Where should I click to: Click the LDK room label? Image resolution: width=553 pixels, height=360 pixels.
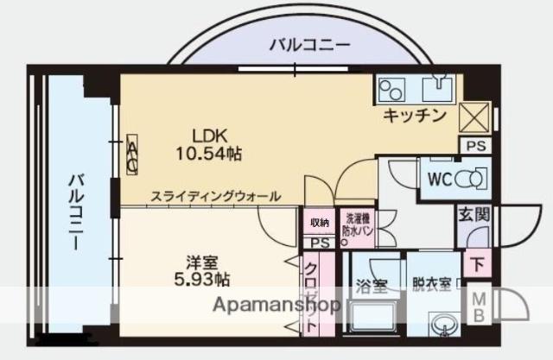(210, 136)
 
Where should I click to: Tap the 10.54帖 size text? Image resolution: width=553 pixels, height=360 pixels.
(210, 153)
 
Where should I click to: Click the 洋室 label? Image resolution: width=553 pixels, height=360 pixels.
(199, 260)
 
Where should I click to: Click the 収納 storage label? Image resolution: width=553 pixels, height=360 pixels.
(320, 224)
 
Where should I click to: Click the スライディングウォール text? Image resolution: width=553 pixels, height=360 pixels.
(216, 197)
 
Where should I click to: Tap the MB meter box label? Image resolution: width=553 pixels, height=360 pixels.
(476, 306)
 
